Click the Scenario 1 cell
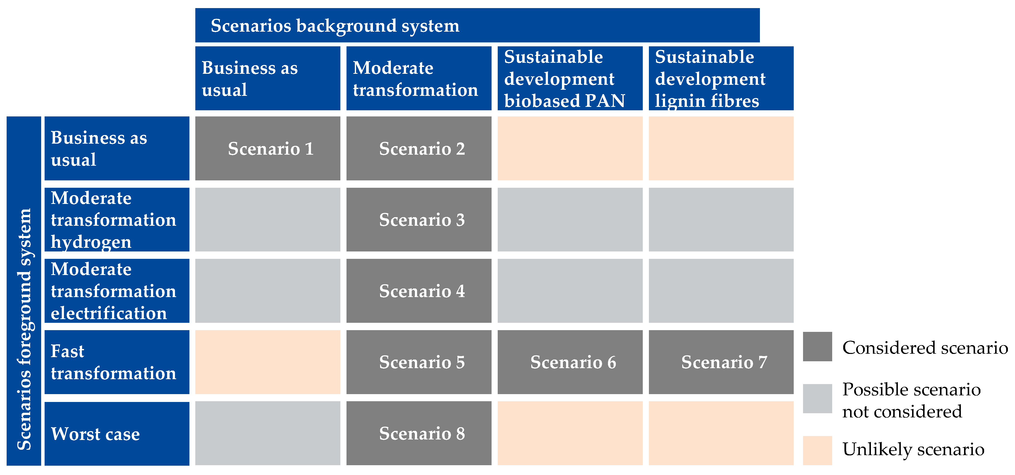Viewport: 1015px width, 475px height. [x=268, y=149]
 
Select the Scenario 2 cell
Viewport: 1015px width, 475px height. [x=419, y=149]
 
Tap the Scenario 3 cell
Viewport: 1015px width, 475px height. [x=419, y=220]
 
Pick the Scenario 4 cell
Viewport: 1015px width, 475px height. [x=419, y=291]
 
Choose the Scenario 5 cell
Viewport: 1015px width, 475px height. [x=419, y=362]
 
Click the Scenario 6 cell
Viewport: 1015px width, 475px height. [x=570, y=362]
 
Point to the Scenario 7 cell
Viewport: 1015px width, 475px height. [x=721, y=362]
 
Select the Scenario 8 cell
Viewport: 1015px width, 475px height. [x=419, y=433]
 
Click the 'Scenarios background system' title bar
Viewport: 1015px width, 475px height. [x=477, y=25]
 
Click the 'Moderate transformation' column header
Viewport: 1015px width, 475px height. [x=419, y=78]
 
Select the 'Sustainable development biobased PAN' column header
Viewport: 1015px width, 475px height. [x=570, y=78]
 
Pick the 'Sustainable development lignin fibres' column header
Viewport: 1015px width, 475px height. [x=721, y=78]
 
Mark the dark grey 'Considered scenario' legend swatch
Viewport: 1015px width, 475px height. [x=817, y=347]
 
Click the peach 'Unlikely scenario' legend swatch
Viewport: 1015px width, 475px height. [x=817, y=450]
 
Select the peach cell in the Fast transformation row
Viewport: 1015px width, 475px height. [x=268, y=362]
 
